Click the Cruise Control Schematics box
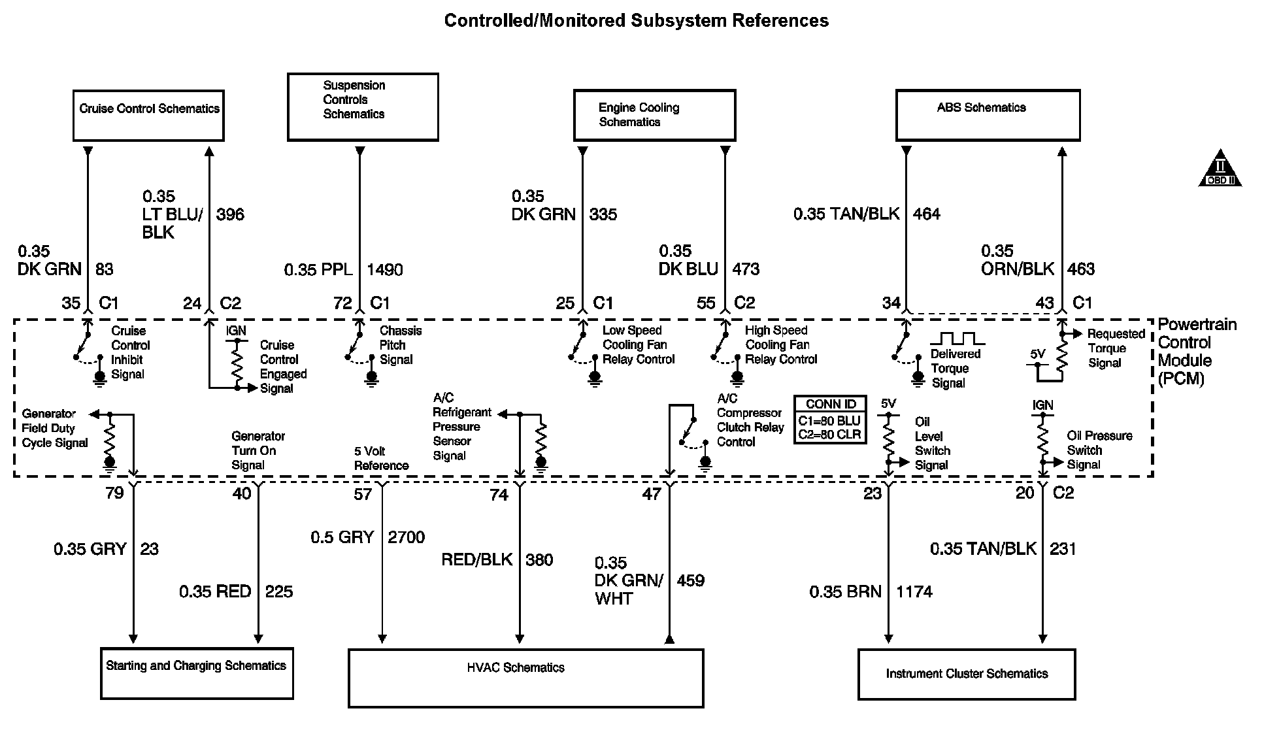coord(148,116)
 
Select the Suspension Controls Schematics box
coord(363,107)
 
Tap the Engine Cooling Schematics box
coord(654,116)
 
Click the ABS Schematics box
coord(987,116)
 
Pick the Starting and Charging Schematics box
coord(197,673)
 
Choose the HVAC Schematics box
coord(525,678)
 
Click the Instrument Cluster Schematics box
coord(966,674)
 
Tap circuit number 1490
coord(384,269)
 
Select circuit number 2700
coord(406,537)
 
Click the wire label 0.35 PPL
coord(318,269)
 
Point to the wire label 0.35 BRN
coord(845,591)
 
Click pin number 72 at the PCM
coord(342,303)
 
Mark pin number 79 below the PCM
coord(114,493)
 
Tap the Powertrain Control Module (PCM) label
coord(1196,351)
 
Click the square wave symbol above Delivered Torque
coord(957,339)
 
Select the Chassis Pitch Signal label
coord(399,345)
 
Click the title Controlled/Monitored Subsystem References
coord(636,21)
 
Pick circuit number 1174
coord(914,591)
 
